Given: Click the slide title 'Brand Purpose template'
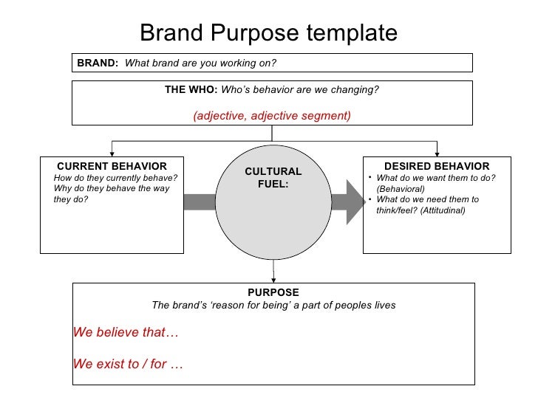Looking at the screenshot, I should [268, 32].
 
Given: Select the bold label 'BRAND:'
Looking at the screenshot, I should [98, 63].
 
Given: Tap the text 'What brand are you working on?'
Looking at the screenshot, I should [200, 63].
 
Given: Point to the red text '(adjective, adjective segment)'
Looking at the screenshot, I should [272, 117].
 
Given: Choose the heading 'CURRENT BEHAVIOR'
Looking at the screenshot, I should [112, 166].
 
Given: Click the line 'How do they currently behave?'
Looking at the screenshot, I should [116, 178].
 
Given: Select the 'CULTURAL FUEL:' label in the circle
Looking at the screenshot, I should [273, 177].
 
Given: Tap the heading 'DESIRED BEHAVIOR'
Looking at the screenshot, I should [437, 166].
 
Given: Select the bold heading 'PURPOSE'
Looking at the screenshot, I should [273, 292].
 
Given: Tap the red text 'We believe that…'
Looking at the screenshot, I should [126, 331].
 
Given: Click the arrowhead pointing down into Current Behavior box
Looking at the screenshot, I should [112, 151].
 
